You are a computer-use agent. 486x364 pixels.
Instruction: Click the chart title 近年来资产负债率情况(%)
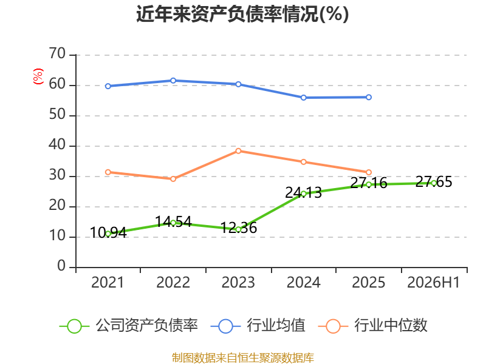pyautogui.click(x=242, y=14)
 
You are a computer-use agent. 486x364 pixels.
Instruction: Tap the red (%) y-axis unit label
pyautogui.click(x=38, y=76)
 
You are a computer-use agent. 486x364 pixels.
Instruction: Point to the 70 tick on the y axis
pyautogui.click(x=57, y=54)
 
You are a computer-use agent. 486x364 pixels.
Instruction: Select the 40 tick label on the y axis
pyautogui.click(x=57, y=145)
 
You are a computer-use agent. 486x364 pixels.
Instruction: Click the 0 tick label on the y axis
pyautogui.click(x=61, y=266)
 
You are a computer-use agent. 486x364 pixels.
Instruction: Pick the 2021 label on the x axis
pyautogui.click(x=108, y=282)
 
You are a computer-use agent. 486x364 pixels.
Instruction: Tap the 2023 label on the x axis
pyautogui.click(x=238, y=282)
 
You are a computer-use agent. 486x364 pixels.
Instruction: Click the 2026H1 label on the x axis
pyautogui.click(x=433, y=282)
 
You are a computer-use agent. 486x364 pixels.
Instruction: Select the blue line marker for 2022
pyautogui.click(x=173, y=81)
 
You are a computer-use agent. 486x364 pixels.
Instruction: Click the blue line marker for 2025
pyautogui.click(x=369, y=97)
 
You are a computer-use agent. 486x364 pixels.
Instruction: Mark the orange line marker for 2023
pyautogui.click(x=238, y=151)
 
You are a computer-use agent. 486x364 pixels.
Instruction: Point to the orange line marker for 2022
pyautogui.click(x=173, y=179)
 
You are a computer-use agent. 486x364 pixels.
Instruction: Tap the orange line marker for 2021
pyautogui.click(x=108, y=172)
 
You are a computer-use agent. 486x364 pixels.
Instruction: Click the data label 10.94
pyautogui.click(x=108, y=232)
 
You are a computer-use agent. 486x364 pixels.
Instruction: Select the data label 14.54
pyautogui.click(x=173, y=221)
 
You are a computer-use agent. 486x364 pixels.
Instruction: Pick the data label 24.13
pyautogui.click(x=303, y=192)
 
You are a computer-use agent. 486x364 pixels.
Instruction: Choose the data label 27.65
pyautogui.click(x=434, y=181)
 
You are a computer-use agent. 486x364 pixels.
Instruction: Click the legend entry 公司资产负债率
pyautogui.click(x=128, y=326)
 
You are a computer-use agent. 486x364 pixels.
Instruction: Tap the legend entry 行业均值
pyautogui.click(x=258, y=326)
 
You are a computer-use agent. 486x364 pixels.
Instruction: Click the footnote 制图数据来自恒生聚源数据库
pyautogui.click(x=243, y=358)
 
